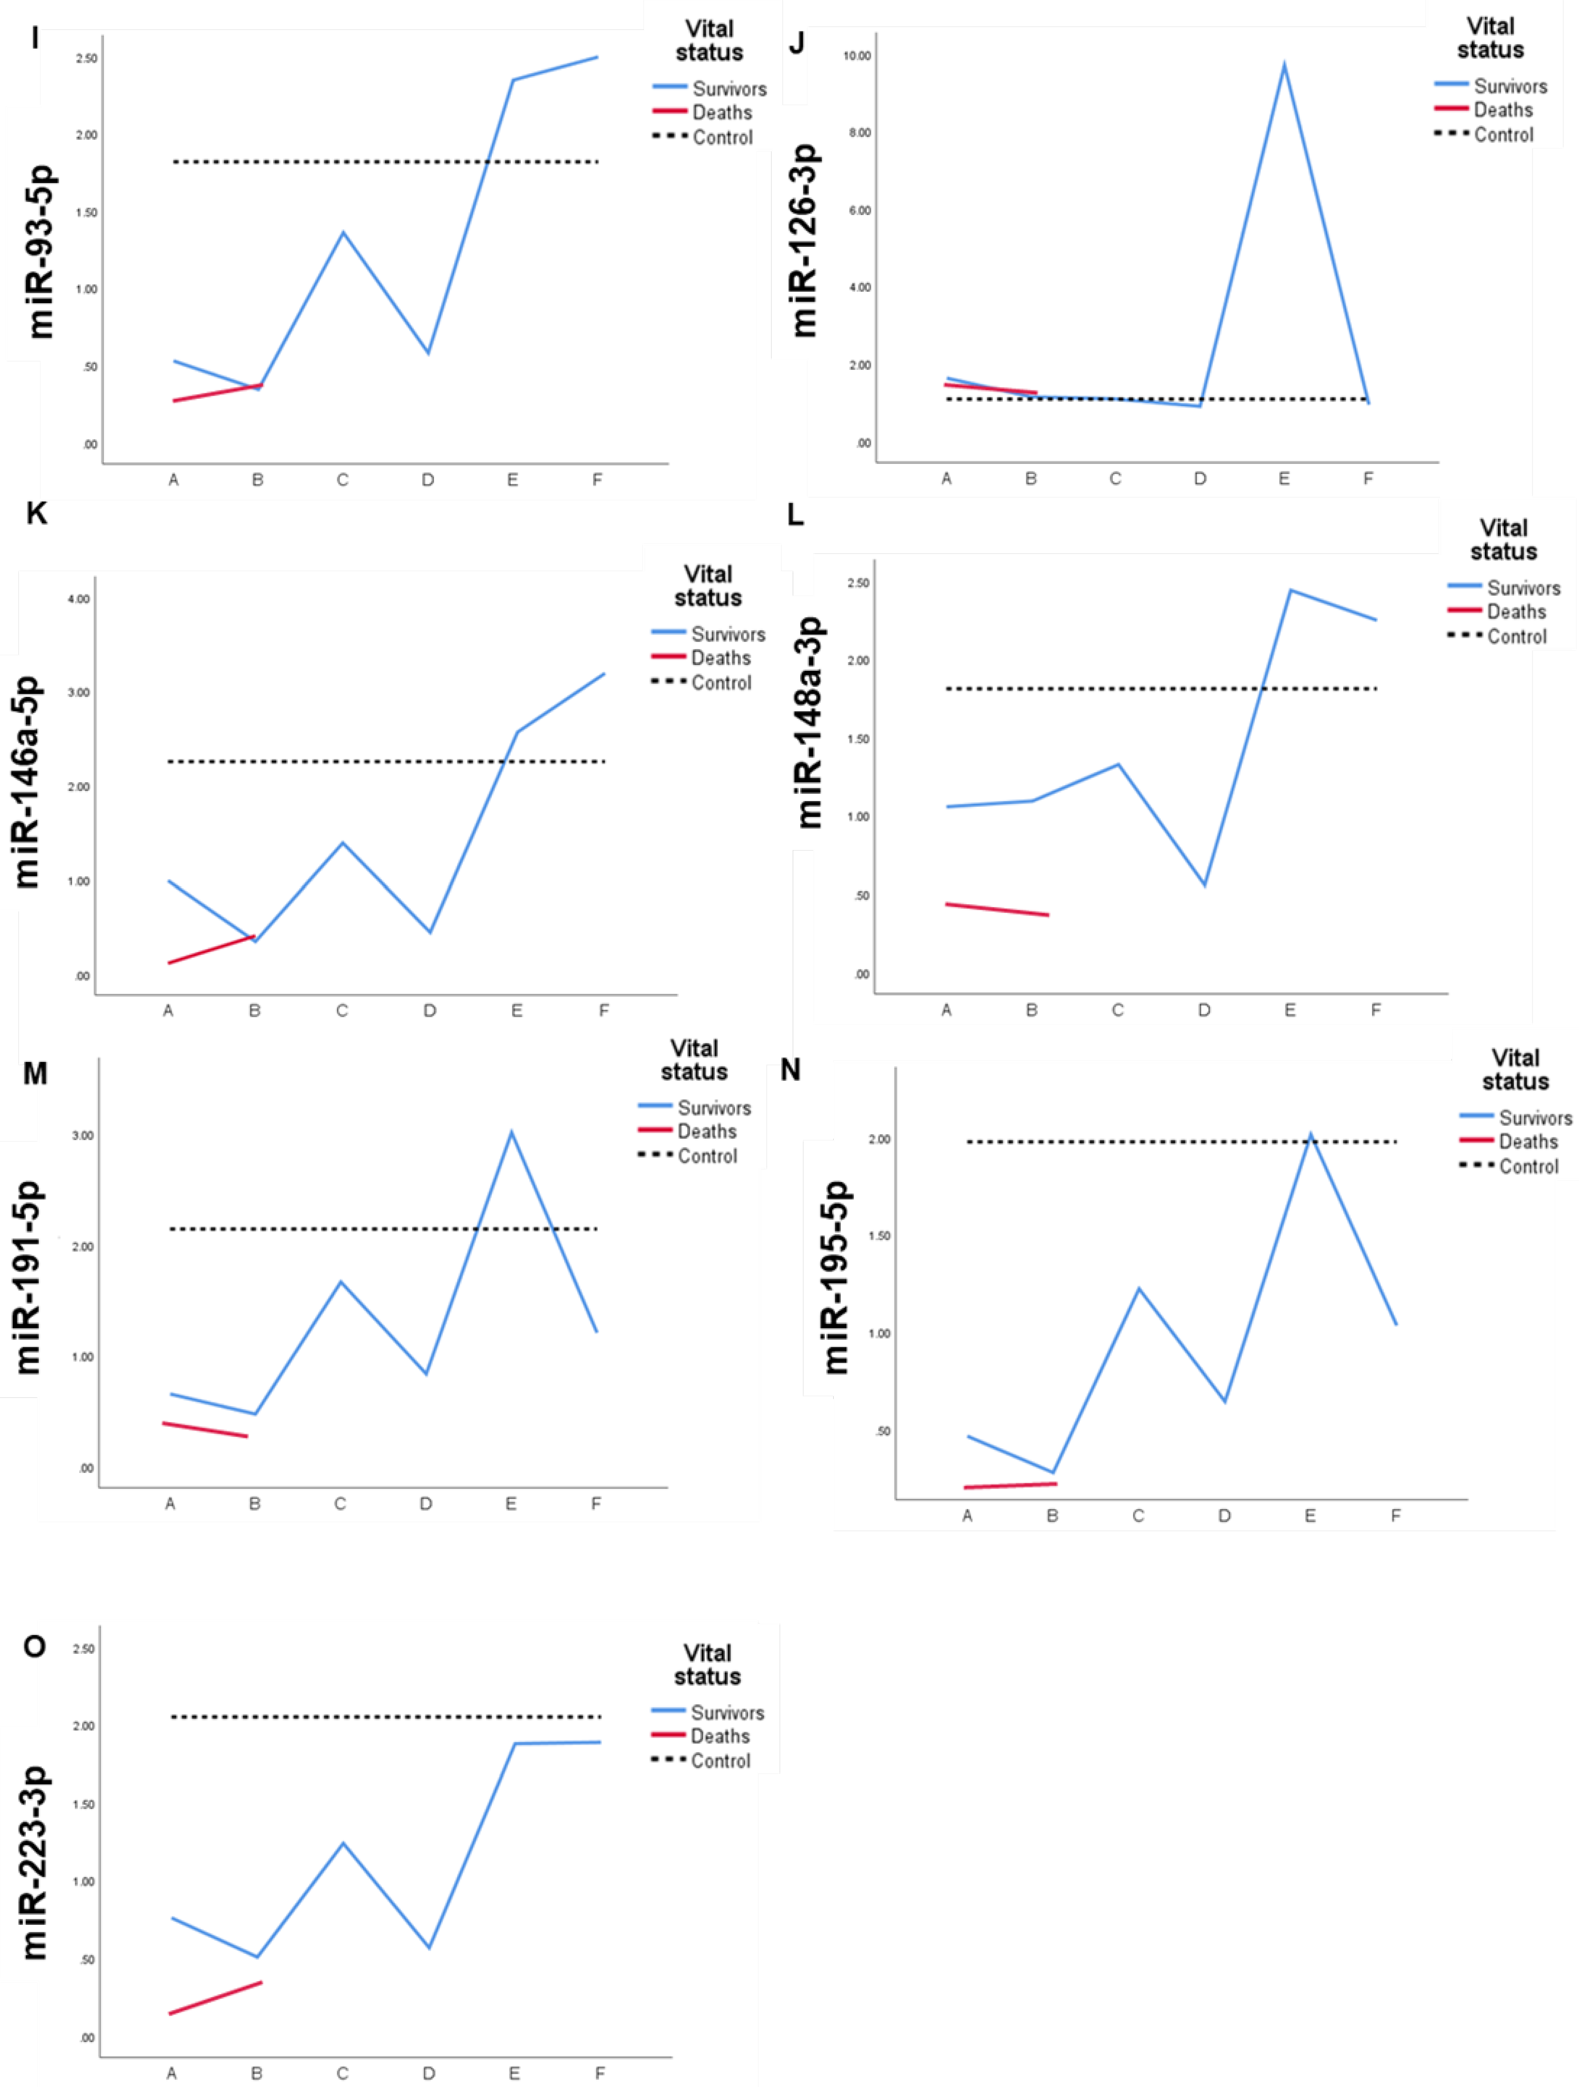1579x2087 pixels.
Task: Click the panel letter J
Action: tap(796, 43)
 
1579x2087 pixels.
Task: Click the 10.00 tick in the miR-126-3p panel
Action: tap(857, 56)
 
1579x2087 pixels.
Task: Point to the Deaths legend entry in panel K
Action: tap(720, 658)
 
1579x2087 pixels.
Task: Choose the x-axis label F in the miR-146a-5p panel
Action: tap(604, 1010)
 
